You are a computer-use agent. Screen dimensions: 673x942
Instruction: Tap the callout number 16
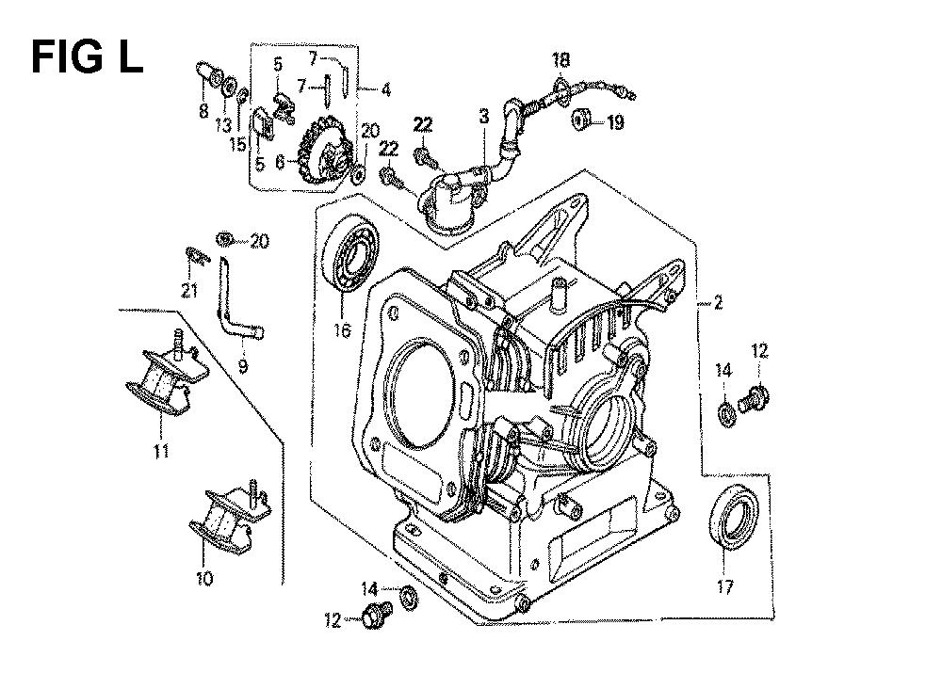340,330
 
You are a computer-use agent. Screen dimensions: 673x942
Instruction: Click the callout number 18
560,61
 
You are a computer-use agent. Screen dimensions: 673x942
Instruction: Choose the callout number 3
484,118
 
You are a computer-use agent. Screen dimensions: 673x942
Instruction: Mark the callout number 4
386,90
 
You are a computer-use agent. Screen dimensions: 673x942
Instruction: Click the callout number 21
189,291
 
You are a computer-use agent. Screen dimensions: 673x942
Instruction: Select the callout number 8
203,111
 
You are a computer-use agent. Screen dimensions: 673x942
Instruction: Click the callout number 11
161,452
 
